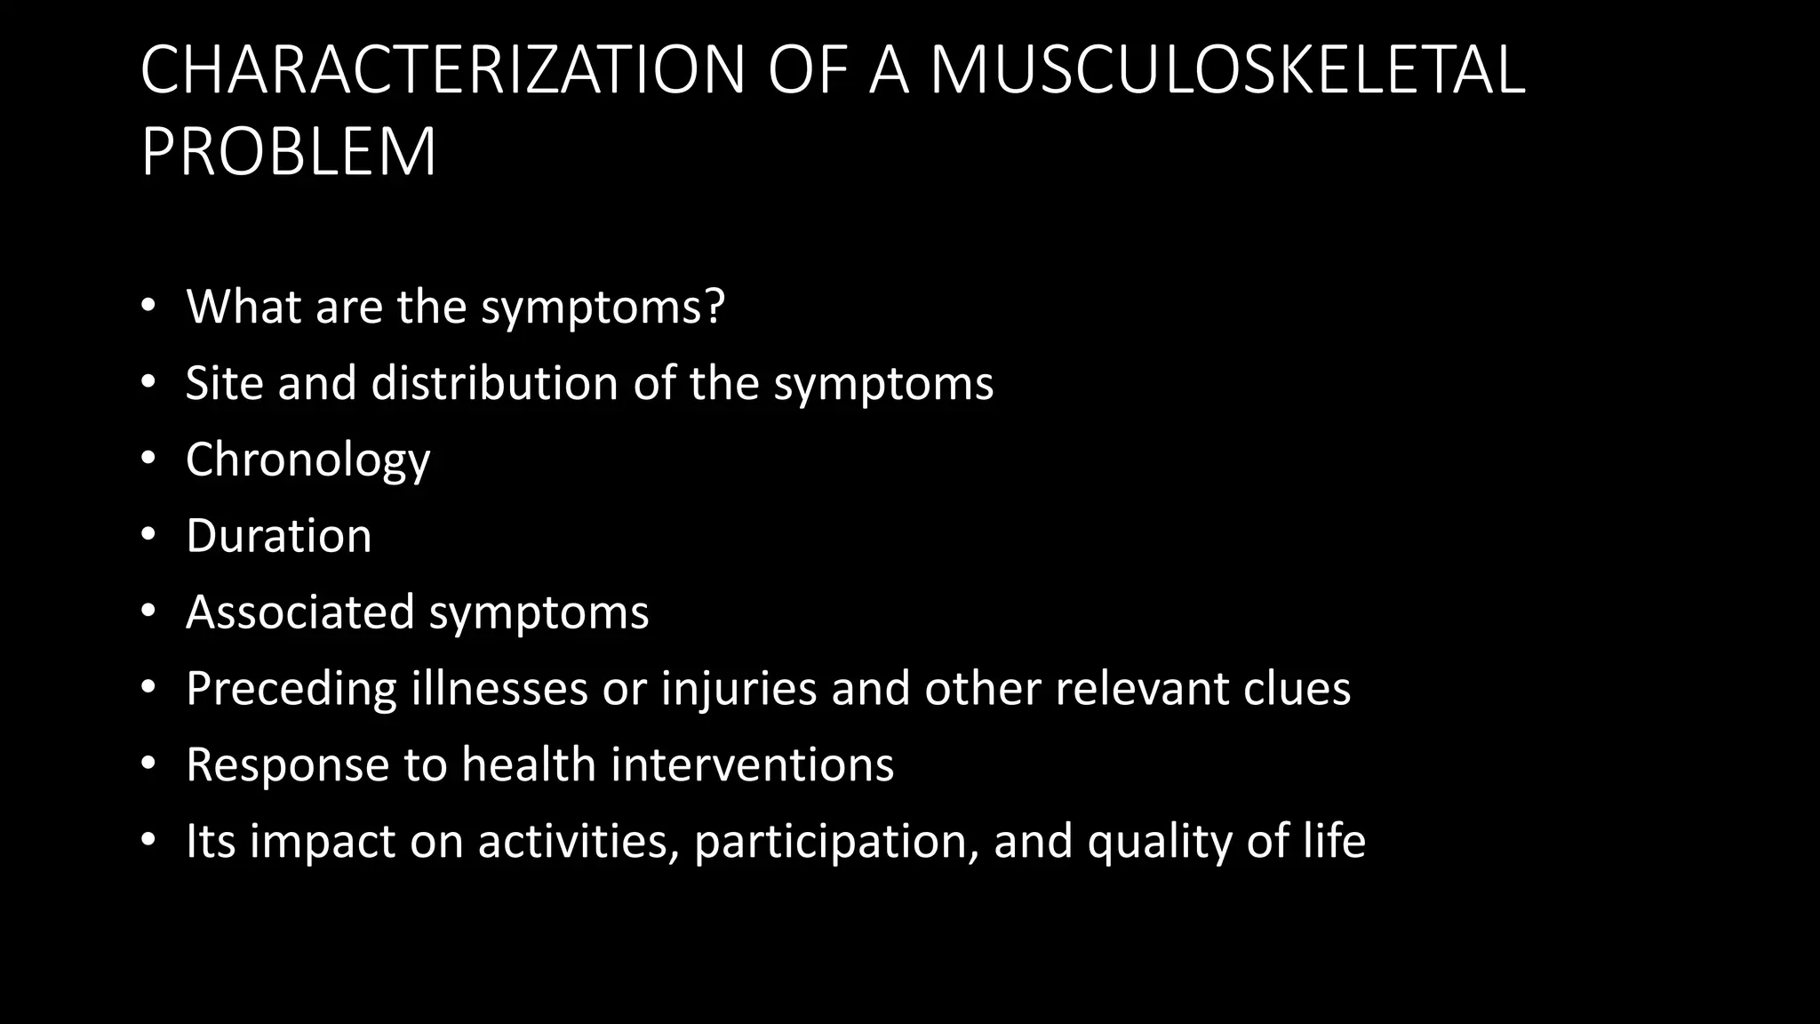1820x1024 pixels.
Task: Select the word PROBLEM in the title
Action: point(289,151)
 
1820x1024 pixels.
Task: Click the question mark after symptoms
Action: point(714,306)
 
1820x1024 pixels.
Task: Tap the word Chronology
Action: point(307,460)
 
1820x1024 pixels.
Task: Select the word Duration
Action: point(278,536)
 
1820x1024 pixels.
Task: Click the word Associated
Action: point(300,612)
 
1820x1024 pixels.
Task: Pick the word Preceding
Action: point(291,689)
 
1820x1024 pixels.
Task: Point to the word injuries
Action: point(738,689)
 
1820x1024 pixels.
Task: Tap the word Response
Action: point(287,765)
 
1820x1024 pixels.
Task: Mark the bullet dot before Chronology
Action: point(148,459)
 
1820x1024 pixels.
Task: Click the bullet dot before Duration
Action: point(148,535)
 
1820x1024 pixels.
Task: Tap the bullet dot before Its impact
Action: point(148,840)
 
